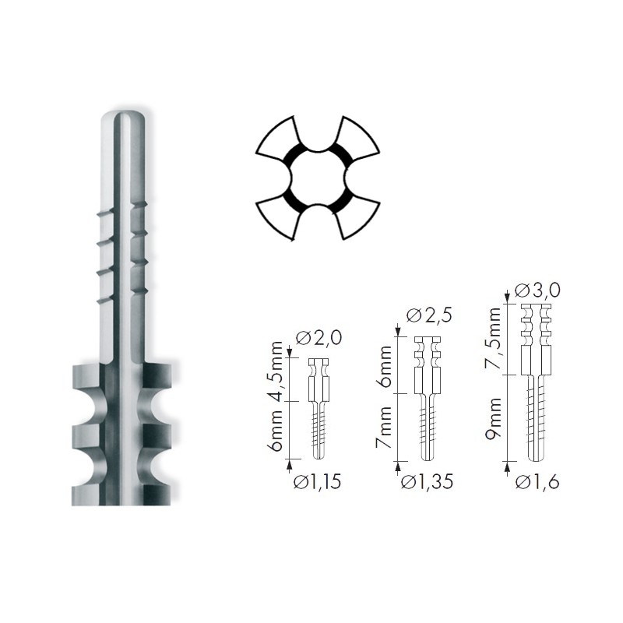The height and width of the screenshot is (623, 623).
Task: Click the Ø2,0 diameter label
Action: [319, 338]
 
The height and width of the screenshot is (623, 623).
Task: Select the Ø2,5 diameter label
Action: [429, 315]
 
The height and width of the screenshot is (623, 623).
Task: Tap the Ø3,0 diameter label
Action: [537, 290]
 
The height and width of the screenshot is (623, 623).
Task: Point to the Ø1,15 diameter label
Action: [317, 482]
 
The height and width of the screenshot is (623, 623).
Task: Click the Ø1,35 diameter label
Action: [427, 482]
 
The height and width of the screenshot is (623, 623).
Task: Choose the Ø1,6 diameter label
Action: [537, 482]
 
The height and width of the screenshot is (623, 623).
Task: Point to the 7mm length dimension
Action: [384, 428]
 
